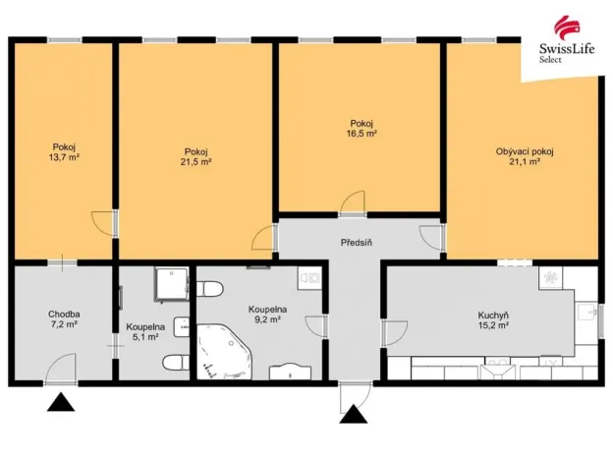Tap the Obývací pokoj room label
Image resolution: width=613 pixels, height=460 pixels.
click(524, 151)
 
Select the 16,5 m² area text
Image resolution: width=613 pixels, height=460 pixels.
click(360, 133)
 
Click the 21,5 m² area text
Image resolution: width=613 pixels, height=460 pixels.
click(195, 162)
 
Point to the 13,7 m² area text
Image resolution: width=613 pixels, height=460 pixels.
click(64, 156)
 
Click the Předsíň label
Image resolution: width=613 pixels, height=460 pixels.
click(357, 243)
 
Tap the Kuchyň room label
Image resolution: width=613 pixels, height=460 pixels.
click(492, 316)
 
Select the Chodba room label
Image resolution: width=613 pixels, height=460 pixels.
click(64, 316)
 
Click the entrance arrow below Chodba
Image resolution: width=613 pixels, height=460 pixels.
click(60, 402)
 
